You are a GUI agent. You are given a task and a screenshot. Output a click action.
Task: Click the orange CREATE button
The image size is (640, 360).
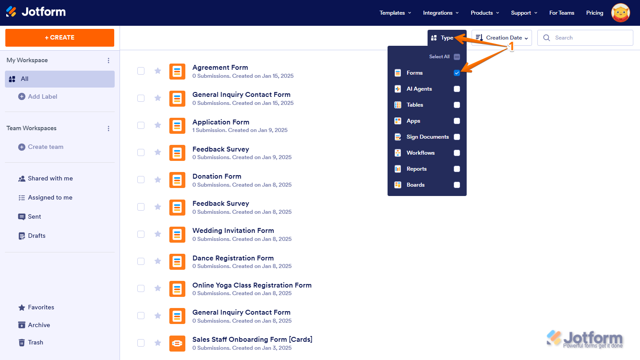click(x=60, y=38)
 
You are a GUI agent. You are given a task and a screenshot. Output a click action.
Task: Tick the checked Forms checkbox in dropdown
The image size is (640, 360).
click(x=457, y=73)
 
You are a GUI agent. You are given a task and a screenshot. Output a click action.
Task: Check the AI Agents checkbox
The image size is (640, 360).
click(x=457, y=89)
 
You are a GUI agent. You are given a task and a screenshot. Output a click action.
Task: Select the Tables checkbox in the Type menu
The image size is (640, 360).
click(x=457, y=105)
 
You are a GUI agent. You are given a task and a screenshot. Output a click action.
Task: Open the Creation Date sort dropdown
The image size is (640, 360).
click(x=502, y=38)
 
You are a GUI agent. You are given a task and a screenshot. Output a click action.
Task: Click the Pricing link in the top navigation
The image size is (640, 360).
click(x=595, y=13)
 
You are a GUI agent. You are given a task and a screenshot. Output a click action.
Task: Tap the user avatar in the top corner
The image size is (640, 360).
click(x=620, y=13)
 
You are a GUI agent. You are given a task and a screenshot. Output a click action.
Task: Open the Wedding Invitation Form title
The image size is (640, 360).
click(x=233, y=231)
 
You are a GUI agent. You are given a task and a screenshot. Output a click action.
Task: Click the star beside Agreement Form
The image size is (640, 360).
click(x=158, y=71)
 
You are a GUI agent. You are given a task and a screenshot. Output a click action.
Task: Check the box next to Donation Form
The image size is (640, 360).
click(x=141, y=180)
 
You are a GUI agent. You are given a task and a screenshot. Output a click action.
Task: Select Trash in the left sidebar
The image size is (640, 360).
click(x=35, y=342)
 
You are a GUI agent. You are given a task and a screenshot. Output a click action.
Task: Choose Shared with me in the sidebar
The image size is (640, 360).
click(x=50, y=178)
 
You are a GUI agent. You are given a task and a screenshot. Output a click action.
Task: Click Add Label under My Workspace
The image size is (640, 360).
click(x=42, y=96)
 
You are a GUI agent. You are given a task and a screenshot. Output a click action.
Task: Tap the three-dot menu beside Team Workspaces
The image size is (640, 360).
click(x=108, y=128)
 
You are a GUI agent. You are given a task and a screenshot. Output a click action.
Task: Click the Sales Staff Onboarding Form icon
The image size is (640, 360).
click(x=177, y=343)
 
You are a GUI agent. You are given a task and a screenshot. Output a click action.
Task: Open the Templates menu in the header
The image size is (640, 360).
click(x=395, y=13)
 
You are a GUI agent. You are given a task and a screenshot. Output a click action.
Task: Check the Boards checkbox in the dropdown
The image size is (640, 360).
click(x=457, y=185)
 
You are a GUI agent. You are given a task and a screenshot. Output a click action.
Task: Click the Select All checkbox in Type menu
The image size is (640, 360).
click(x=457, y=57)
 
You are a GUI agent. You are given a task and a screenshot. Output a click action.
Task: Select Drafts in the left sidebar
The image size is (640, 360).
click(x=36, y=236)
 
